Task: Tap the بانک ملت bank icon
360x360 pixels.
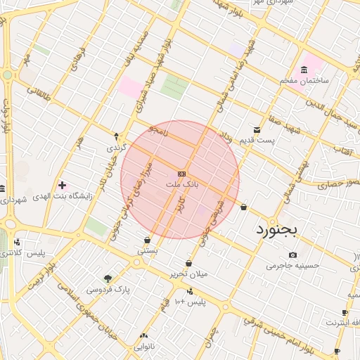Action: [182, 173]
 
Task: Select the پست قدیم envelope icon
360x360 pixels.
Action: [257, 129]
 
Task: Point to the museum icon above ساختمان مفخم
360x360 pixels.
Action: [304, 69]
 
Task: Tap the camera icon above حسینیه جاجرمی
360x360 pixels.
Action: [292, 255]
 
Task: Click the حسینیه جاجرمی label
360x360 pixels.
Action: [292, 266]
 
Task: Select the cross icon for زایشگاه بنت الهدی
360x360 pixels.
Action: [63, 185]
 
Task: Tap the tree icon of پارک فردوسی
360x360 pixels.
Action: [108, 278]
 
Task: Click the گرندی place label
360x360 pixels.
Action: [116, 148]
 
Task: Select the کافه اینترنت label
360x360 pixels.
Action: [341, 323]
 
